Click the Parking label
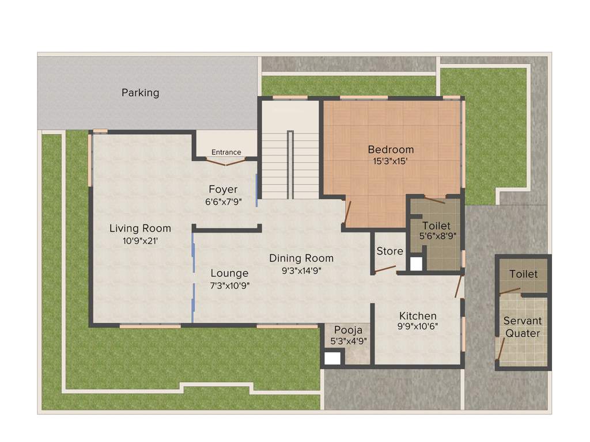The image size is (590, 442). click(x=140, y=92)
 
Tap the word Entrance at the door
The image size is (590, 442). click(x=226, y=152)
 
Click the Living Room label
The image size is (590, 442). click(x=140, y=228)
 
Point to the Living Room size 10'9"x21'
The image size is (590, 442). click(x=140, y=241)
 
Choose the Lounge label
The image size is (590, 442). click(x=229, y=273)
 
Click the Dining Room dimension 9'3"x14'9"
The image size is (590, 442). click(x=301, y=271)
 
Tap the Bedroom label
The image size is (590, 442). click(x=391, y=150)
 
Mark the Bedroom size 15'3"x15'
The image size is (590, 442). click(x=391, y=162)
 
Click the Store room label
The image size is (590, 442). click(x=389, y=251)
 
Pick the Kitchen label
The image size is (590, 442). click(x=418, y=316)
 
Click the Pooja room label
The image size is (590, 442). click(x=348, y=330)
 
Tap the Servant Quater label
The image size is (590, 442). click(x=522, y=327)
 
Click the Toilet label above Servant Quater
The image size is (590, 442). click(x=523, y=275)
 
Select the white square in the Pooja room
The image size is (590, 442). click(x=331, y=359)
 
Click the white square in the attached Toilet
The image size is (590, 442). click(x=415, y=264)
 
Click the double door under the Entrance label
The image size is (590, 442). click(x=226, y=162)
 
